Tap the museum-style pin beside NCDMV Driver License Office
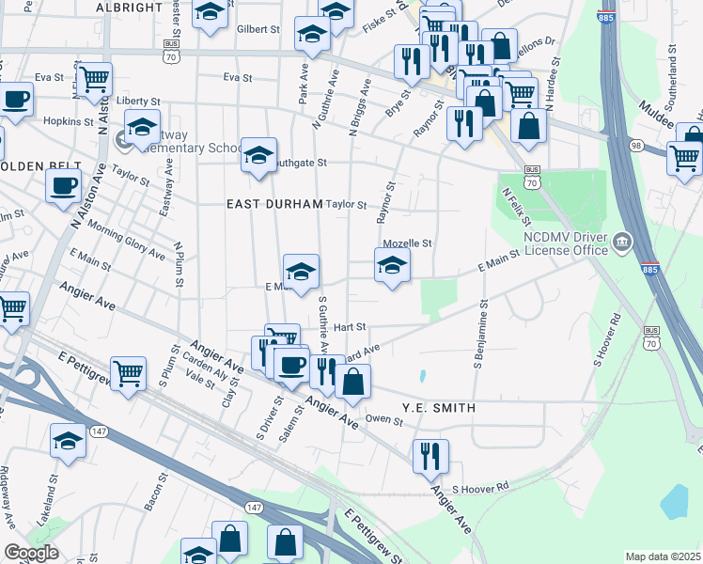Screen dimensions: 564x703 click(x=620, y=244)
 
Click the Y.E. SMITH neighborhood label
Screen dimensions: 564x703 click(x=439, y=408)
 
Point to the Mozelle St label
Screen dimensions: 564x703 click(x=407, y=243)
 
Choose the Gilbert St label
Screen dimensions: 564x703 click(x=258, y=29)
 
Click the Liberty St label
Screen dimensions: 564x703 click(x=138, y=101)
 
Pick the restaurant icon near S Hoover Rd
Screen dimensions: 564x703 click(x=430, y=456)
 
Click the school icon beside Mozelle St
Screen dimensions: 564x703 click(x=393, y=264)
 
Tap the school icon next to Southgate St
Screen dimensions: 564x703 click(x=258, y=154)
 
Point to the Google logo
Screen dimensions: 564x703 click(x=32, y=553)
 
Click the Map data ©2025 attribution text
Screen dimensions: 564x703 click(x=662, y=556)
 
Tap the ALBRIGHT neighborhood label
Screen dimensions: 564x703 click(x=130, y=7)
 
